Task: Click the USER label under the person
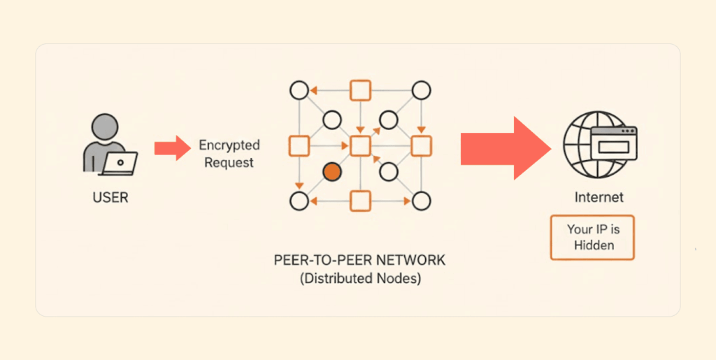110,197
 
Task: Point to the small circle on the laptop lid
120,161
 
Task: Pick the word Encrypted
229,145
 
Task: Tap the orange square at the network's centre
360,145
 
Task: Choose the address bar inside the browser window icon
614,147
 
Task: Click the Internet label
599,197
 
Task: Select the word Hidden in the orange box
594,245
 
